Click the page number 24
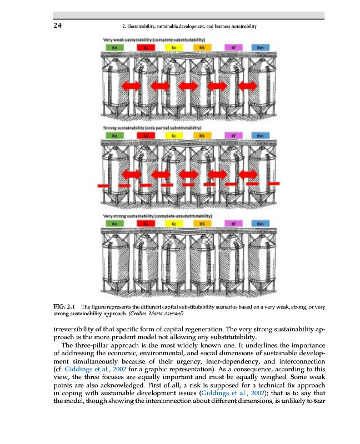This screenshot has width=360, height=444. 57,26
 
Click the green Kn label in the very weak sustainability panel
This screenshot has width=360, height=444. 114,48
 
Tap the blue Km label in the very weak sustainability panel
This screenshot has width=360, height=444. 260,48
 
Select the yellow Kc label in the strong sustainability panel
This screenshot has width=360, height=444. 174,135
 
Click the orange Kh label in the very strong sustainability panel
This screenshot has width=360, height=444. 203,223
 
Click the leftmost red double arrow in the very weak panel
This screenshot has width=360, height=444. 132,85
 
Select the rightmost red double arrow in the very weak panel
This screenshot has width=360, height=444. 247,85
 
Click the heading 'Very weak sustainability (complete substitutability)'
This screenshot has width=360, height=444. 155,39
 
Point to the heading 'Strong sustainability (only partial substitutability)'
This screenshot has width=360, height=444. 155,127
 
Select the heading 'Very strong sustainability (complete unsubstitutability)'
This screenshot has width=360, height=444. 158,215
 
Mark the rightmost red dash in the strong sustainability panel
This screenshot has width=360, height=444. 274,183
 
